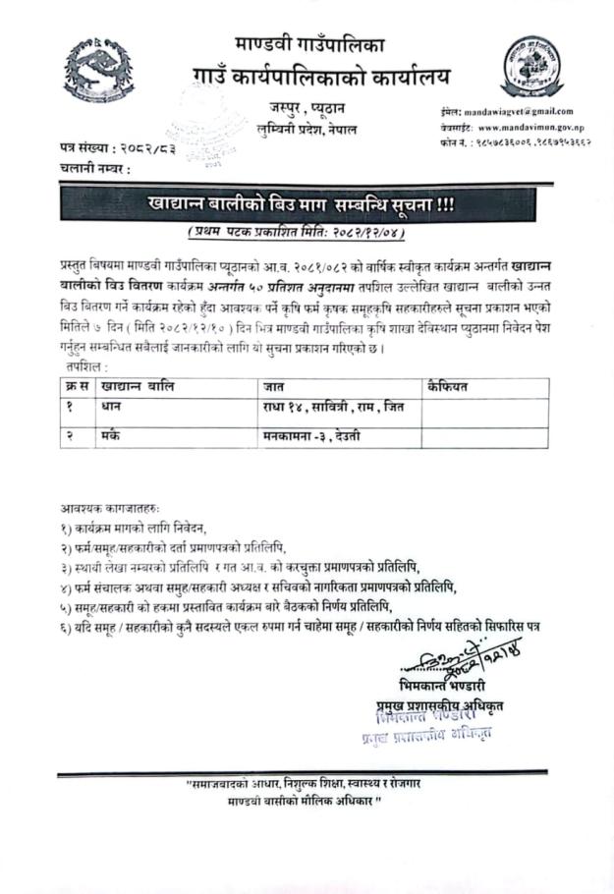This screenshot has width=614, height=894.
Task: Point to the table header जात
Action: point(272,387)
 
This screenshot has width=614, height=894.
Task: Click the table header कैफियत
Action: point(447,387)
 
